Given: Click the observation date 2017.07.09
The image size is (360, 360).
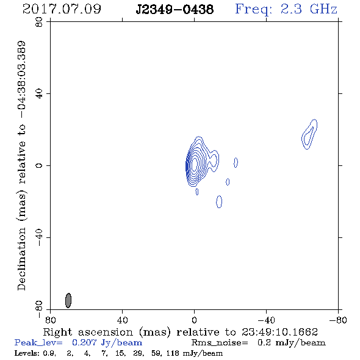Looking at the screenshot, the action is point(62,9).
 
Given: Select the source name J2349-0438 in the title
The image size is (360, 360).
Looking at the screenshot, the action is point(175,10).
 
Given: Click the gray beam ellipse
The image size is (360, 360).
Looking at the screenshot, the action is point(68,300).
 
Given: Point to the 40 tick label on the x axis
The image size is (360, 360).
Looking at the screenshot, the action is point(122,320).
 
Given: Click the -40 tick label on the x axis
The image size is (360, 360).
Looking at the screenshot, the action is point(266,320).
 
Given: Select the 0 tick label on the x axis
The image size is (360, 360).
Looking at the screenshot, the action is point(194,320).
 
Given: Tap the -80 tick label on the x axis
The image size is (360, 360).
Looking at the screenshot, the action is point(338,320).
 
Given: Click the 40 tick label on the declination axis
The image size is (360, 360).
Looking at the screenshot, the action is point(39,94).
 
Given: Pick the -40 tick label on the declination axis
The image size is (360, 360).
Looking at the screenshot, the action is point(39,237).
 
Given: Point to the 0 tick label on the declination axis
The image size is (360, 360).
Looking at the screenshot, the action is point(39,165).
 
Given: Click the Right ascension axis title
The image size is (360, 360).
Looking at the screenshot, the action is point(181,332).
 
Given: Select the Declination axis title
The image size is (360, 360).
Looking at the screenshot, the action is point(21,165).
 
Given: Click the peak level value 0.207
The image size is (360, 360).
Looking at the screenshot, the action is point(84,342).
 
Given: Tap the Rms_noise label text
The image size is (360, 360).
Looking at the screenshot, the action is point(220,343).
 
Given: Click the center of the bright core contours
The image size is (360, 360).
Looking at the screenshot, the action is point(194,164).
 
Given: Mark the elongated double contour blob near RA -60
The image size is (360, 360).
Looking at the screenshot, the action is point(309,134).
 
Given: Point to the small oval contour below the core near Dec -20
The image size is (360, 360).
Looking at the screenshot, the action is point(219,201).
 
